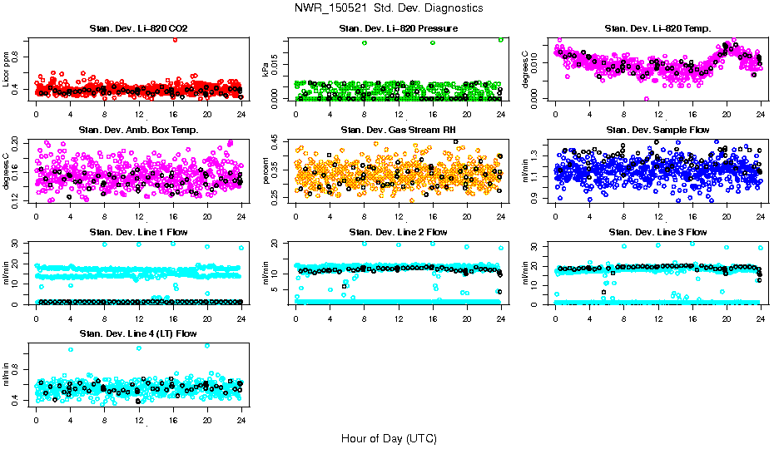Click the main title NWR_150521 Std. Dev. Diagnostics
click(x=389, y=7)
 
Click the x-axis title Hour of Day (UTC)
click(x=389, y=437)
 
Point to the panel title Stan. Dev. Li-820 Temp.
click(x=657, y=29)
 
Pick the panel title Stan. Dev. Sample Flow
click(x=657, y=130)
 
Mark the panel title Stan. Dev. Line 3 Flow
click(x=657, y=231)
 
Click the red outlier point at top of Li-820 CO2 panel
click(x=174, y=39)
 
